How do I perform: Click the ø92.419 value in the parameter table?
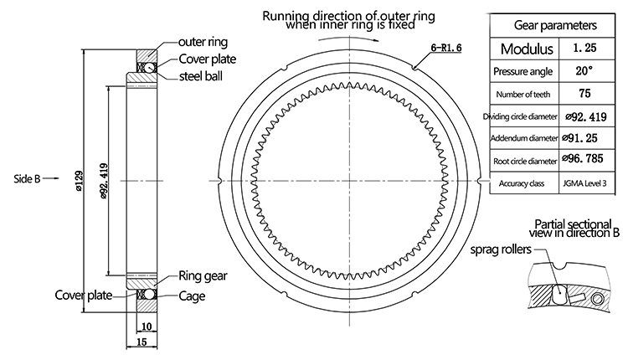[587, 116]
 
